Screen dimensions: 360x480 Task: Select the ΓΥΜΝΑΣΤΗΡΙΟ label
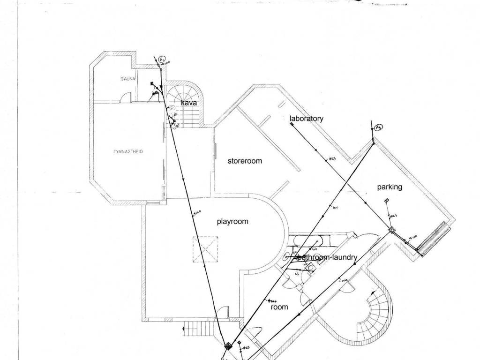[128, 152]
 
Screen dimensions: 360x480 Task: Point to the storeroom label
[245, 161]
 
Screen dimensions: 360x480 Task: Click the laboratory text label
[306, 119]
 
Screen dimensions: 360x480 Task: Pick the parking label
[390, 187]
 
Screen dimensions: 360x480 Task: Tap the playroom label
[232, 222]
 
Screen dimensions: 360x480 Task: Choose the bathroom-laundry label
[328, 257]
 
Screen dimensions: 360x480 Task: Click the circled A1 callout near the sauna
[161, 60]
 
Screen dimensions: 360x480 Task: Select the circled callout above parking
[379, 127]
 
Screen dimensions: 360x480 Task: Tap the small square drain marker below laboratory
[291, 125]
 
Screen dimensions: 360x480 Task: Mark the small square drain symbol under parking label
[386, 201]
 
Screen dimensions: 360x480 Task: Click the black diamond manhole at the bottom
[228, 346]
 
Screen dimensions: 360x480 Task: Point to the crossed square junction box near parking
[392, 230]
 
